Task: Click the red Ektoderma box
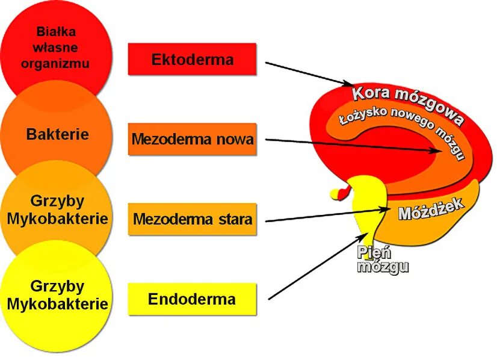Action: (192, 59)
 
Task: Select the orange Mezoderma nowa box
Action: (192, 140)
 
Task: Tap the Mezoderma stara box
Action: (192, 219)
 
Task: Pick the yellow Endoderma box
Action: (192, 299)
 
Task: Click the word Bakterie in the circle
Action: (58, 134)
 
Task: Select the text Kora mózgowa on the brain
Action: (407, 103)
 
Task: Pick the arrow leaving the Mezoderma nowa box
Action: (355, 144)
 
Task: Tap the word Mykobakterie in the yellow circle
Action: (58, 304)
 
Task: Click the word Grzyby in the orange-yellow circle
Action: (58, 200)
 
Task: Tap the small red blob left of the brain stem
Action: (341, 193)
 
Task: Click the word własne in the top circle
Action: (56, 48)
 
